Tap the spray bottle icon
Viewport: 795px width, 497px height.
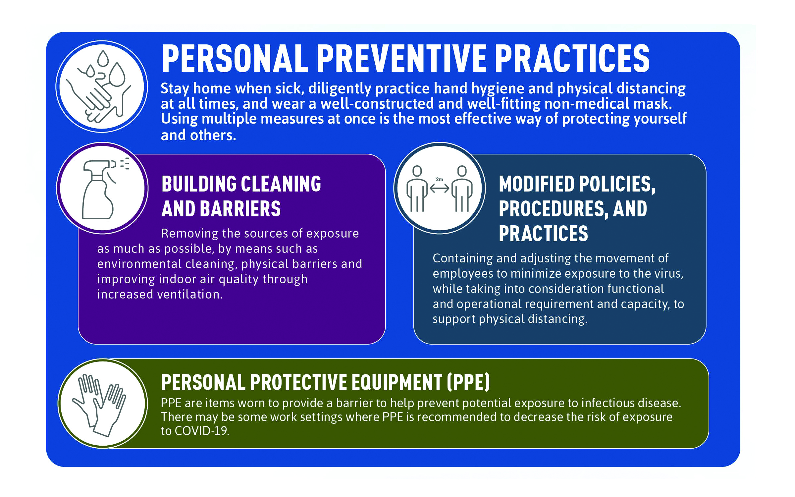[103, 189]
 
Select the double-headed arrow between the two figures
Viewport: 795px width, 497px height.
[439, 188]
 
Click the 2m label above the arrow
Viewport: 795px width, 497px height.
[440, 179]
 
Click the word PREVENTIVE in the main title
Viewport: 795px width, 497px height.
[401, 59]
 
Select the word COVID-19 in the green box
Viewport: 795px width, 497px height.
[201, 431]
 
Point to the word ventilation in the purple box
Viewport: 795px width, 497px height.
[189, 294]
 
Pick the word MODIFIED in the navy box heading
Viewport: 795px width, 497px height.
[537, 184]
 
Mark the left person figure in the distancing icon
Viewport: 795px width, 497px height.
[417, 189]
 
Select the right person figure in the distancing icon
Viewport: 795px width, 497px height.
[462, 189]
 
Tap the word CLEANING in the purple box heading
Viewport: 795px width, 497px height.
[281, 184]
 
